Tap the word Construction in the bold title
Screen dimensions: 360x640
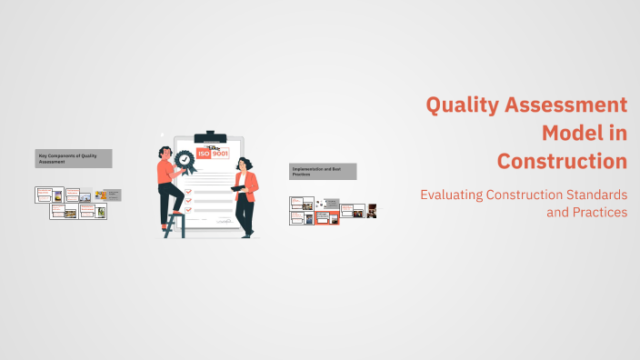(562, 162)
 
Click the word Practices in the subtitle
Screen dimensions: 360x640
(596, 213)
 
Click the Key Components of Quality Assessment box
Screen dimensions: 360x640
(74, 158)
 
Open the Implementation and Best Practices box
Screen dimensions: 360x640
(323, 171)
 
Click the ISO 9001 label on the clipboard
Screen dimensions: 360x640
(214, 154)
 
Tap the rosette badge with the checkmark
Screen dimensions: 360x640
(185, 160)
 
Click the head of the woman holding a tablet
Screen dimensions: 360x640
(243, 164)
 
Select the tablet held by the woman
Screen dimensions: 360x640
(239, 188)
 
